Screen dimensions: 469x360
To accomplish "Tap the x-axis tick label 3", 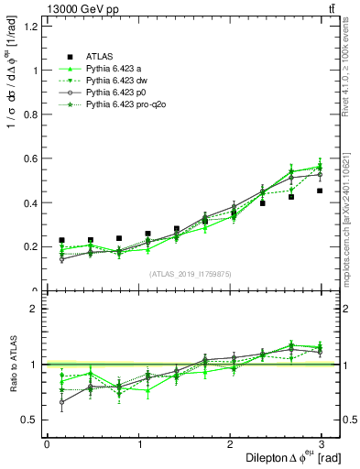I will coord(326,444).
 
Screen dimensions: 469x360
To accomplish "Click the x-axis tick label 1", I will coord(140,444).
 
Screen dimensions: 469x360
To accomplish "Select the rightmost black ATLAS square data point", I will coord(320,191).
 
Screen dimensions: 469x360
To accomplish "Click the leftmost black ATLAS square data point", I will coord(61,240).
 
